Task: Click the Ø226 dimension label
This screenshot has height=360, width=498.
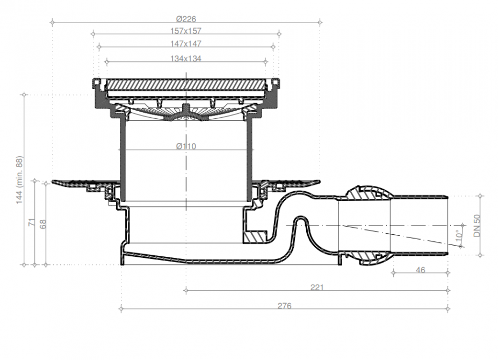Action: click(x=186, y=19)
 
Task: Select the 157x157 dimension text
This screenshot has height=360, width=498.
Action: click(x=186, y=31)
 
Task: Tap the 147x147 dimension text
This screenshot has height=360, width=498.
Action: click(x=186, y=44)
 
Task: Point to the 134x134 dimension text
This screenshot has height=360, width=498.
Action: click(x=186, y=59)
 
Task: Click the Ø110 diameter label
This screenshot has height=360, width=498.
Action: click(x=186, y=146)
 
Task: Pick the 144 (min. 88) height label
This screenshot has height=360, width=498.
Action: click(x=20, y=180)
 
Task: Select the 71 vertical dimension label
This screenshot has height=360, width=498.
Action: click(x=32, y=222)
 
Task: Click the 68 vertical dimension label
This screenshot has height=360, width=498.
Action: click(x=43, y=224)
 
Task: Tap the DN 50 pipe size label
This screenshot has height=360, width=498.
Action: click(x=477, y=226)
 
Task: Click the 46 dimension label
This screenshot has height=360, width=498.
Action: click(x=420, y=270)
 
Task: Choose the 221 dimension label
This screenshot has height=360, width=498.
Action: click(x=317, y=287)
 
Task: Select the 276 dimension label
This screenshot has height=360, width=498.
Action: click(x=284, y=306)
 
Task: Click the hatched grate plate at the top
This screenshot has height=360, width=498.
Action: click(x=186, y=84)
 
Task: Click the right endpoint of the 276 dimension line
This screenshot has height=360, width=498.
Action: click(x=448, y=308)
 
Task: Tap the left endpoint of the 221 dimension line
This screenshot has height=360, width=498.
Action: click(x=186, y=290)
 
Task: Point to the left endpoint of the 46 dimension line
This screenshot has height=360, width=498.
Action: click(x=393, y=272)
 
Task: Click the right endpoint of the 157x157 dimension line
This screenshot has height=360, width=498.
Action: click(x=279, y=34)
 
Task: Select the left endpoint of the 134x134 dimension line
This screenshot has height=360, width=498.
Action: click(x=107, y=61)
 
